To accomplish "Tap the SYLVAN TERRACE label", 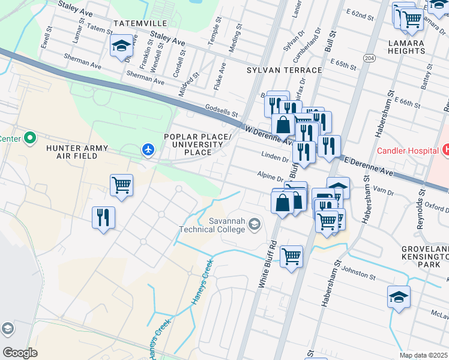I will coord(285,70).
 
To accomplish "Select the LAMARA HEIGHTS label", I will coord(415,47).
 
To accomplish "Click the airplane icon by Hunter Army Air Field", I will coord(148,148).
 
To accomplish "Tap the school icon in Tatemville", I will coord(121,45).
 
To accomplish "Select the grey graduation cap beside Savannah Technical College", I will coord(255,224).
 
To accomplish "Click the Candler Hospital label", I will coord(406,148).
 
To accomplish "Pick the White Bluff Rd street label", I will coord(268,265).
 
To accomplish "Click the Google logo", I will coord(20,352).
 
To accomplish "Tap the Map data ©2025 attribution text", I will coord(424,355).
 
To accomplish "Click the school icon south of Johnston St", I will coord(399,298).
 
